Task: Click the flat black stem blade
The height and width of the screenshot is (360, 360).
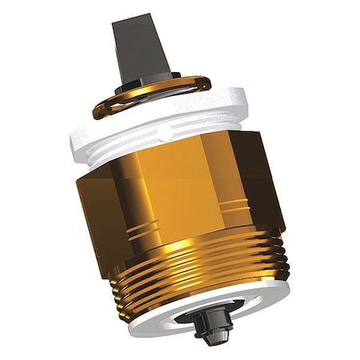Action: [x=142, y=44]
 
